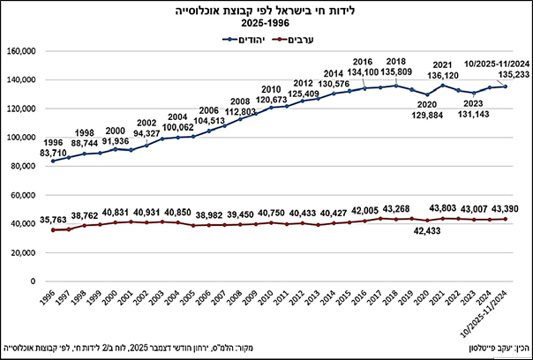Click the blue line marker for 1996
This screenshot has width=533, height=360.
pyautogui.click(x=53, y=161)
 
